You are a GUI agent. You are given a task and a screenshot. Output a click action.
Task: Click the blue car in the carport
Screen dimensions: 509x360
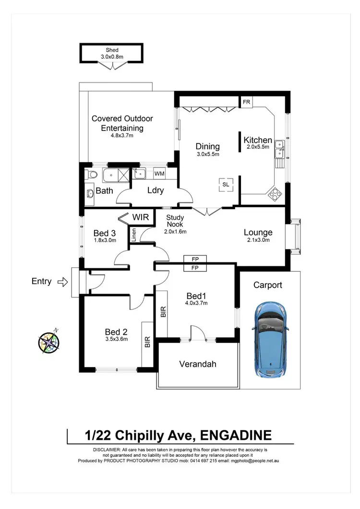(x=271, y=339)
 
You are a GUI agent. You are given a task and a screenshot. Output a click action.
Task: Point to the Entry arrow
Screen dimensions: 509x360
(x=62, y=282)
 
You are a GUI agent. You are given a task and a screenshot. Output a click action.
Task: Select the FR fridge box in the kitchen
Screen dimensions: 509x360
(x=246, y=102)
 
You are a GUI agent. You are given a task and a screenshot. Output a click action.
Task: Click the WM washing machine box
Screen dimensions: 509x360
(x=159, y=173)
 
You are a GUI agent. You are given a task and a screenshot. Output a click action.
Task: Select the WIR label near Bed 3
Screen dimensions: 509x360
(x=143, y=218)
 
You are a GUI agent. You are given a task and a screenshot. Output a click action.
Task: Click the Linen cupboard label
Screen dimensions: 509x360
(x=134, y=235)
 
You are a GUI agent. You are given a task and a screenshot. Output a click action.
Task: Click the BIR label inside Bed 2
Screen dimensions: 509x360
(x=147, y=342)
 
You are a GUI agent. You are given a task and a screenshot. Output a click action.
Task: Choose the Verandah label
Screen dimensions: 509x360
(x=198, y=364)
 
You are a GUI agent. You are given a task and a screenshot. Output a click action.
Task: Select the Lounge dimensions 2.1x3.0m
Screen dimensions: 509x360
(x=258, y=240)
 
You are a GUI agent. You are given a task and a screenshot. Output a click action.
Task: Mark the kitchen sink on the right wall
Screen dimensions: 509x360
(x=279, y=150)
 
